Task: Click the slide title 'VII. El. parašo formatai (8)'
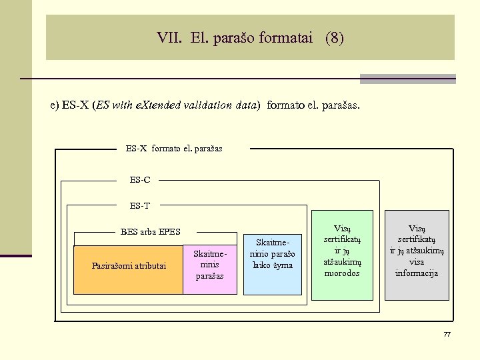pyautogui.click(x=250, y=38)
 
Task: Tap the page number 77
pyautogui.click(x=447, y=334)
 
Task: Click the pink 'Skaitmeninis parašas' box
pyautogui.click(x=210, y=265)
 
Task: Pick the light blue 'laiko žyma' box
pyautogui.click(x=272, y=255)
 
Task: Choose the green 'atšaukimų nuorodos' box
pyautogui.click(x=342, y=255)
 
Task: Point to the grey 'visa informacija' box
pyautogui.click(x=417, y=255)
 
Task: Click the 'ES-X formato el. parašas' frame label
pyautogui.click(x=174, y=149)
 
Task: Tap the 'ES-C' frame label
pyautogui.click(x=140, y=179)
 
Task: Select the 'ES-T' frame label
pyautogui.click(x=140, y=205)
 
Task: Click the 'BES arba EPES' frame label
pyautogui.click(x=151, y=232)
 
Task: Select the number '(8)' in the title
pyautogui.click(x=335, y=38)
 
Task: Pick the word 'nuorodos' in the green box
pyautogui.click(x=342, y=273)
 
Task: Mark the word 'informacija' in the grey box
pyautogui.click(x=417, y=273)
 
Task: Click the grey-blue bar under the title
pyautogui.click(x=407, y=79)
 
